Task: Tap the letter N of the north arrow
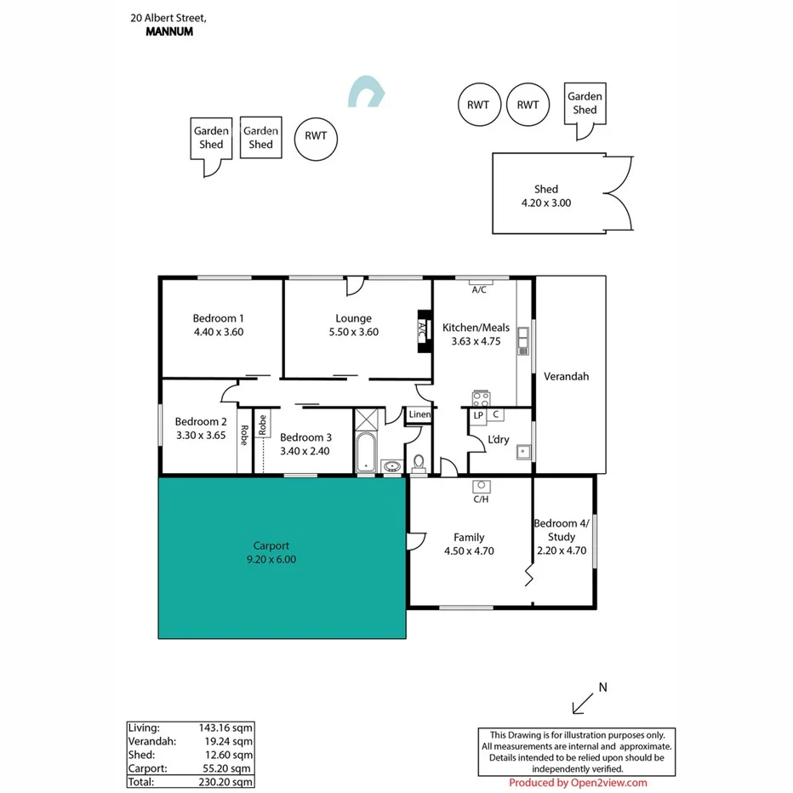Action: click(x=603, y=687)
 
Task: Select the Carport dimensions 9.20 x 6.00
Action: click(x=271, y=559)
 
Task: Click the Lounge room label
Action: click(x=353, y=318)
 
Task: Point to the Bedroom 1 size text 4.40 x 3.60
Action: click(x=219, y=332)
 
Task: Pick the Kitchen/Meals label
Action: click(x=476, y=327)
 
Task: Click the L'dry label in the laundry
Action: click(x=498, y=440)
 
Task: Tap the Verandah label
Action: click(x=566, y=376)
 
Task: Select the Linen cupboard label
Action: click(x=419, y=414)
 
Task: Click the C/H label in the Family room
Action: click(x=481, y=499)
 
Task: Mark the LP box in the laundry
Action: click(x=478, y=415)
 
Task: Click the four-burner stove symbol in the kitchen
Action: click(x=481, y=398)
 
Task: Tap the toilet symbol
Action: click(x=419, y=463)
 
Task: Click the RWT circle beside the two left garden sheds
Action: click(x=316, y=137)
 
